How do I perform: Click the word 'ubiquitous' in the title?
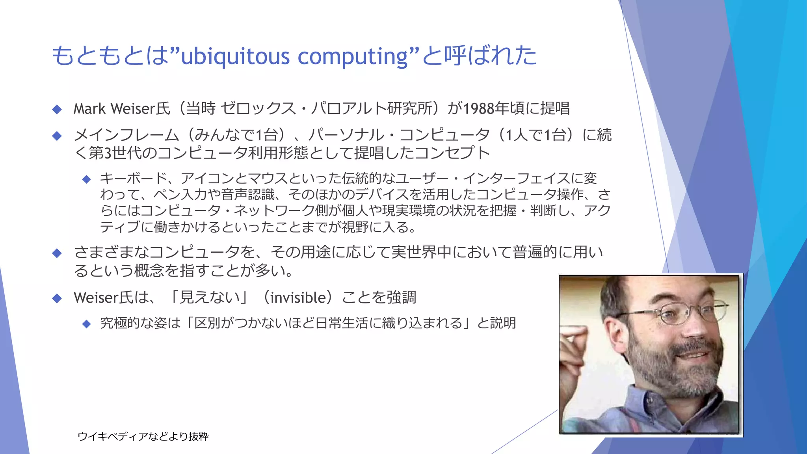point(234,56)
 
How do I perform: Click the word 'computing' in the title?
point(353,56)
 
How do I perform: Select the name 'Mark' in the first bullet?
point(89,109)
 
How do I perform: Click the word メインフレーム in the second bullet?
point(126,135)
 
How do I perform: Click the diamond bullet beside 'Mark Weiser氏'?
point(57,109)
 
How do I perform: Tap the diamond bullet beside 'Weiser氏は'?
point(57,298)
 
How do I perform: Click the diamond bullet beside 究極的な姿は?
point(87,324)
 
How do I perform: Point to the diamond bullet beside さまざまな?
point(57,253)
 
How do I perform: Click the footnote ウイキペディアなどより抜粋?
point(143,436)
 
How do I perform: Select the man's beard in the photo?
point(670,374)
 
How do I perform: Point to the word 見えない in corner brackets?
point(209,298)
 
